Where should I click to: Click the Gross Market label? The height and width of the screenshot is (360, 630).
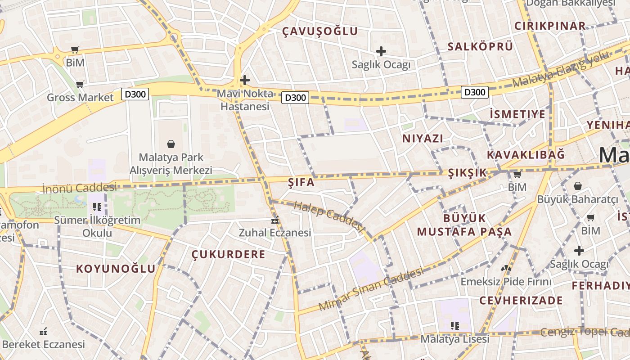[80, 98]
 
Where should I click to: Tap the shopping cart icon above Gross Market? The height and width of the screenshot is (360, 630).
[80, 84]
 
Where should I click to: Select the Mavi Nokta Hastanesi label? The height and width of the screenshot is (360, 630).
[245, 100]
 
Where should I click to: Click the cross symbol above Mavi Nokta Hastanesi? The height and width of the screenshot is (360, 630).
[245, 81]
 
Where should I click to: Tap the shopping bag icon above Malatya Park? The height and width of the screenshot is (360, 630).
[171, 144]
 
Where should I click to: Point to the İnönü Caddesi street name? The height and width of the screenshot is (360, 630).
[79, 188]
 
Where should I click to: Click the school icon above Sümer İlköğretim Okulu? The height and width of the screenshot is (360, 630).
[97, 207]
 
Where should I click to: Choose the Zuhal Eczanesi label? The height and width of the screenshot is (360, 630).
[274, 233]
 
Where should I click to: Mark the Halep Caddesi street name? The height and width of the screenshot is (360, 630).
[328, 217]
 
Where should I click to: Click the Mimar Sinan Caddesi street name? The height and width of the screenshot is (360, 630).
[371, 289]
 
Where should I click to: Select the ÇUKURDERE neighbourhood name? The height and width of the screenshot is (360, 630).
[229, 255]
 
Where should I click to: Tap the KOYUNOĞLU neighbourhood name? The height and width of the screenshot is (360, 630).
[116, 269]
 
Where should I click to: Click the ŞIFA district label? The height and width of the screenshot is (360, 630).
[301, 183]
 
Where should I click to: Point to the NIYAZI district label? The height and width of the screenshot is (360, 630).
[423, 139]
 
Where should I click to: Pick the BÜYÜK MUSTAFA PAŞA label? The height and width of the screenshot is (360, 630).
[464, 225]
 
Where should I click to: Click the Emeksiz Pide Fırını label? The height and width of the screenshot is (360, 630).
[506, 282]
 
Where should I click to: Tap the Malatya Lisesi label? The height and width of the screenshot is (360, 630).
[454, 339]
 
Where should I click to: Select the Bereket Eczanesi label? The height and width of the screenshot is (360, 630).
[43, 345]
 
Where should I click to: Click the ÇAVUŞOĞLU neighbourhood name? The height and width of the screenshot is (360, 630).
[320, 31]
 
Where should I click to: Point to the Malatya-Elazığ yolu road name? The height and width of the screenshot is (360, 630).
[561, 69]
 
